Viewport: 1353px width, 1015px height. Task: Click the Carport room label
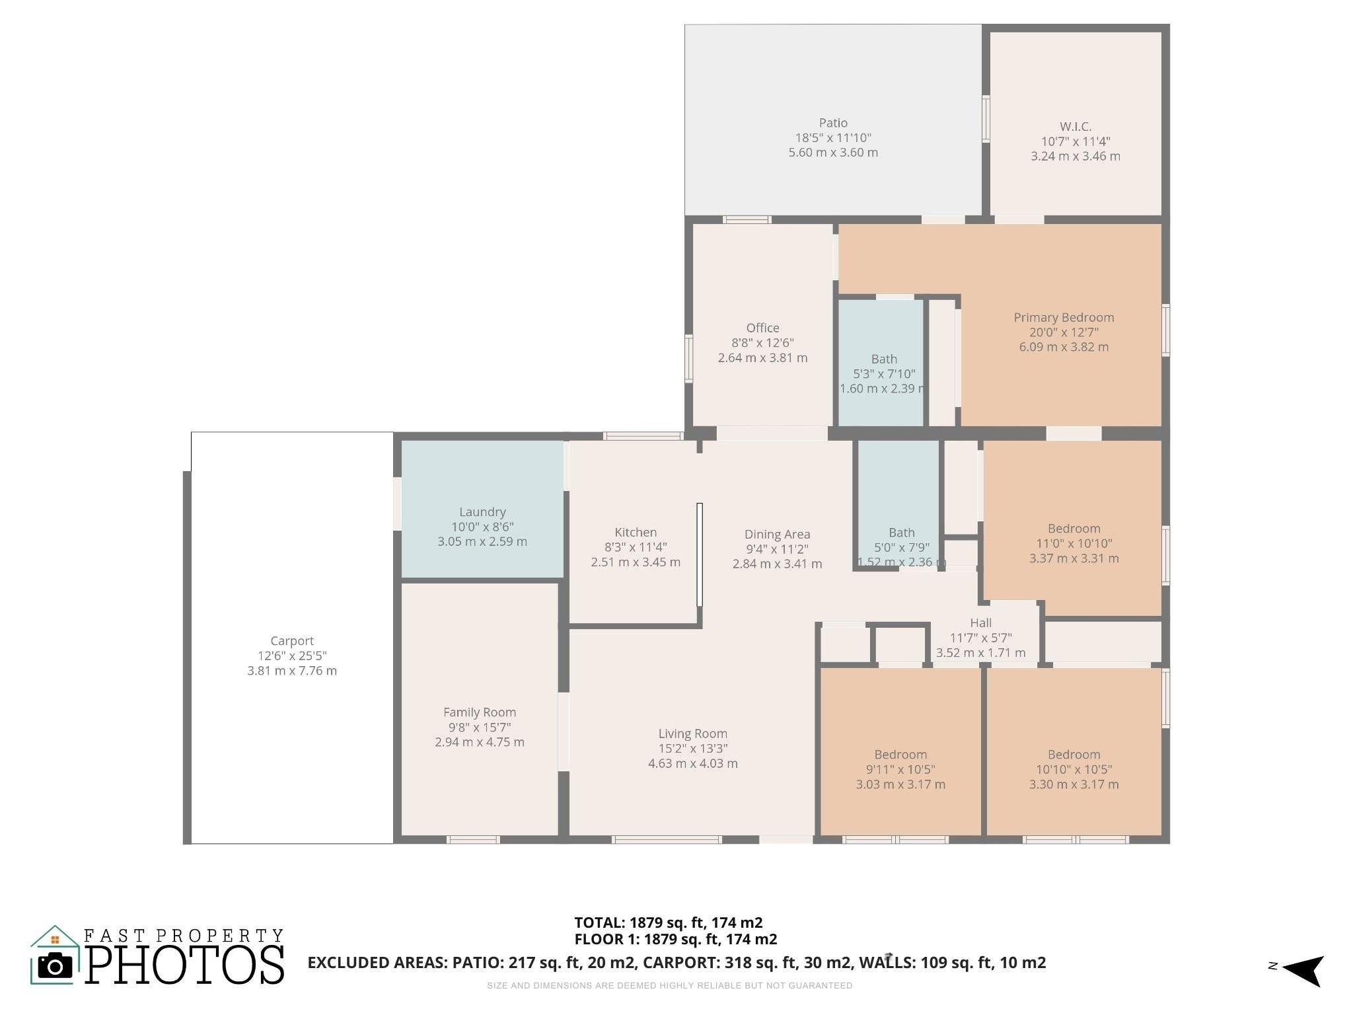click(x=291, y=640)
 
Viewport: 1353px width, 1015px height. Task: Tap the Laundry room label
click(x=482, y=511)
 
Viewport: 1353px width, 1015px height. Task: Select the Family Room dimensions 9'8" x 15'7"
click(x=479, y=727)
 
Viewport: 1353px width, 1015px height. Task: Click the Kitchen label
click(x=635, y=532)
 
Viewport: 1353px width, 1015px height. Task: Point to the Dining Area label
click(x=777, y=534)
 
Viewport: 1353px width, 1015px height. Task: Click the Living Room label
click(x=692, y=733)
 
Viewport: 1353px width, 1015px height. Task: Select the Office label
click(x=762, y=328)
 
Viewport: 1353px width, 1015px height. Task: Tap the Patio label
click(x=832, y=123)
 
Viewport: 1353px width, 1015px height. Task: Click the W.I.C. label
click(x=1075, y=126)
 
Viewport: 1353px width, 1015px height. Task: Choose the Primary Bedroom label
click(x=1064, y=317)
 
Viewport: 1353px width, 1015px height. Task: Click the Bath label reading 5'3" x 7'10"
click(x=883, y=359)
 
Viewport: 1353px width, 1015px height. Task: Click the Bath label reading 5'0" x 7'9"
click(x=901, y=533)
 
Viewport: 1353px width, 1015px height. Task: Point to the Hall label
click(x=980, y=622)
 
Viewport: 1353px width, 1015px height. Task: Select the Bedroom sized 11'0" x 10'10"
click(x=1074, y=529)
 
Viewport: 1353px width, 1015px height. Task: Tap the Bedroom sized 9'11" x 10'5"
click(x=900, y=755)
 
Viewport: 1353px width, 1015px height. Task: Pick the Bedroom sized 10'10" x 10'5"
click(x=1074, y=755)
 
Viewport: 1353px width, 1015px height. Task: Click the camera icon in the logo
click(x=55, y=967)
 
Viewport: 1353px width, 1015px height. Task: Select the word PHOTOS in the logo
click(x=185, y=965)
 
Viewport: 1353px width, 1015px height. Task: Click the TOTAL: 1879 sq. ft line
click(x=668, y=922)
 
